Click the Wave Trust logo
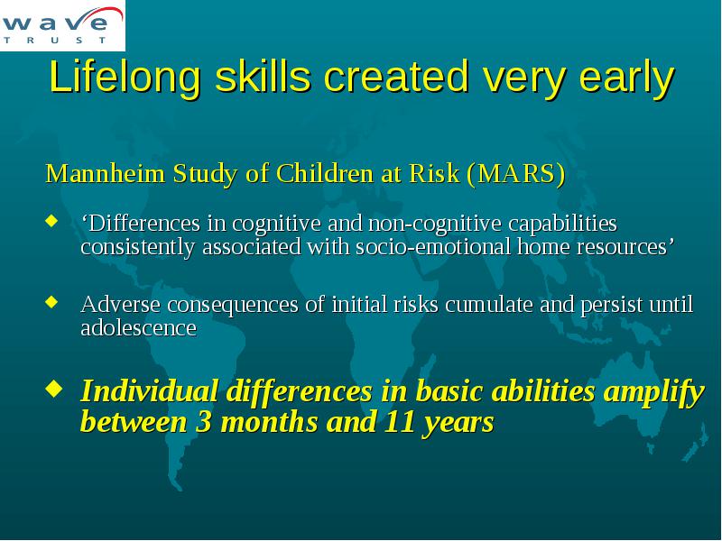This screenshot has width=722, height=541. (62, 25)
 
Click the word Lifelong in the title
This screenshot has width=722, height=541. (125, 78)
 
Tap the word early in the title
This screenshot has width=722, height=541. (626, 78)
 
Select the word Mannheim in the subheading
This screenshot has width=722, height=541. (105, 173)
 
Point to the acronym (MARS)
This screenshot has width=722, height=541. (515, 174)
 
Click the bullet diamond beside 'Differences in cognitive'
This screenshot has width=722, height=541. (51, 221)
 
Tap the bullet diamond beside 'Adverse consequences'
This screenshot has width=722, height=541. (51, 302)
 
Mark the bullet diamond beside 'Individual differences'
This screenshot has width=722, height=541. (54, 390)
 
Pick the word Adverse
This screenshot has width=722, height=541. (121, 305)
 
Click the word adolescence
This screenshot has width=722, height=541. (139, 328)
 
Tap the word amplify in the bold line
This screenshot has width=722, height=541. (653, 392)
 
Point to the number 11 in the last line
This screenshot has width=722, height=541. (398, 421)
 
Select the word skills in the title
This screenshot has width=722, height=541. (263, 76)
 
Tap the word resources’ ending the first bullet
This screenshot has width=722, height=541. (596, 247)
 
